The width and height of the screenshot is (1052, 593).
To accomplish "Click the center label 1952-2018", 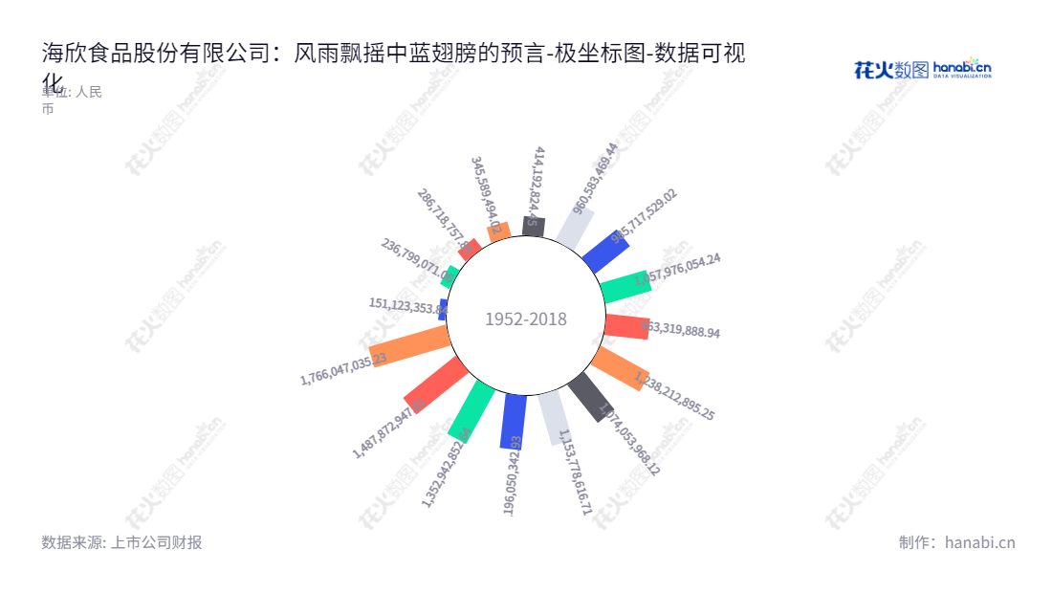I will click(525, 319).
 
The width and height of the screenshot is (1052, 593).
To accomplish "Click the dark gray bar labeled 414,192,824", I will click(534, 227).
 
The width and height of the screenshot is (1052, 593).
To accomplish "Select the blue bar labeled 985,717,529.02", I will click(604, 251).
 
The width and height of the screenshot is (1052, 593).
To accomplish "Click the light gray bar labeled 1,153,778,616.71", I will click(552, 417).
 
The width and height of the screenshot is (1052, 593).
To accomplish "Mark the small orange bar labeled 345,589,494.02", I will click(494, 231).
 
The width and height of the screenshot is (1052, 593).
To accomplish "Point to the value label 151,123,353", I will click(407, 306).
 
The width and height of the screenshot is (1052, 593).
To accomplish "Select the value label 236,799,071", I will click(417, 259).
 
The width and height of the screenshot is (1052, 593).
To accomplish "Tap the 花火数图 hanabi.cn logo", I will click(922, 69).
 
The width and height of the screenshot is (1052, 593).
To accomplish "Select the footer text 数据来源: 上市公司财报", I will click(121, 542).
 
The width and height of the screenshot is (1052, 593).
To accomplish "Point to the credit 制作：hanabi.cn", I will click(956, 542).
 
